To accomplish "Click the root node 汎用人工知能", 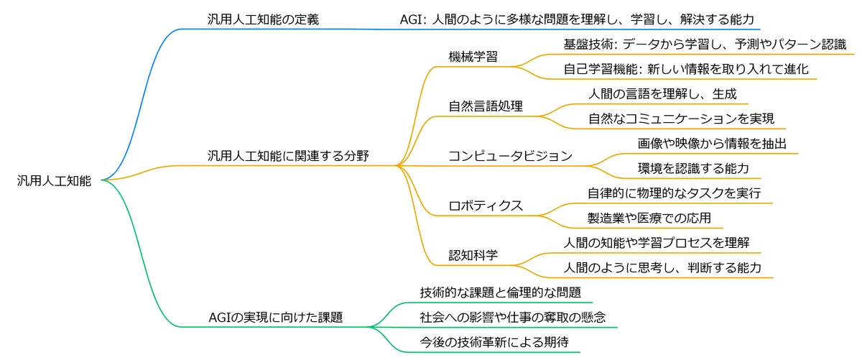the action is coord(54,180).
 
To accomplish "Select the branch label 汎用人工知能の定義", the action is coord(263,19).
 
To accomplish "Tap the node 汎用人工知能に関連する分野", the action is coord(288,156).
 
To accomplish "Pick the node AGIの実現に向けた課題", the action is coord(276,318).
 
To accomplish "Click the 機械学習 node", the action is coord(473,57).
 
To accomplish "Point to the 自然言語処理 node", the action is coord(486,106).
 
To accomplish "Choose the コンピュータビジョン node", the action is coord(511,156).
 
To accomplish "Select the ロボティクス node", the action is coord(486,206).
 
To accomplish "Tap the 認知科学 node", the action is coord(473,255).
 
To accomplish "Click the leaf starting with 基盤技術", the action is coord(705,45).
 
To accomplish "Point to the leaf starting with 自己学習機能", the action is coord(686,69).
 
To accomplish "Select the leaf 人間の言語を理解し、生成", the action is coord(662,94).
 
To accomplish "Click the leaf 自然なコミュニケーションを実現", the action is coord(681,119).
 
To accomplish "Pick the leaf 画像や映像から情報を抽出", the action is coord(712,144).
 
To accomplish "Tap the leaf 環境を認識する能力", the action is coord(693,168).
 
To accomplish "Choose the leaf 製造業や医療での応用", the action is coord(649,218).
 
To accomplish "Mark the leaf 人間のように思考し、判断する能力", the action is coord(662,267).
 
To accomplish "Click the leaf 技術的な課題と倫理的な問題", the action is coord(500,292).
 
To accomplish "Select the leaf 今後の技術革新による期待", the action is coord(494,342).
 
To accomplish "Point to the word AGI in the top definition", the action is coord(411,19).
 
